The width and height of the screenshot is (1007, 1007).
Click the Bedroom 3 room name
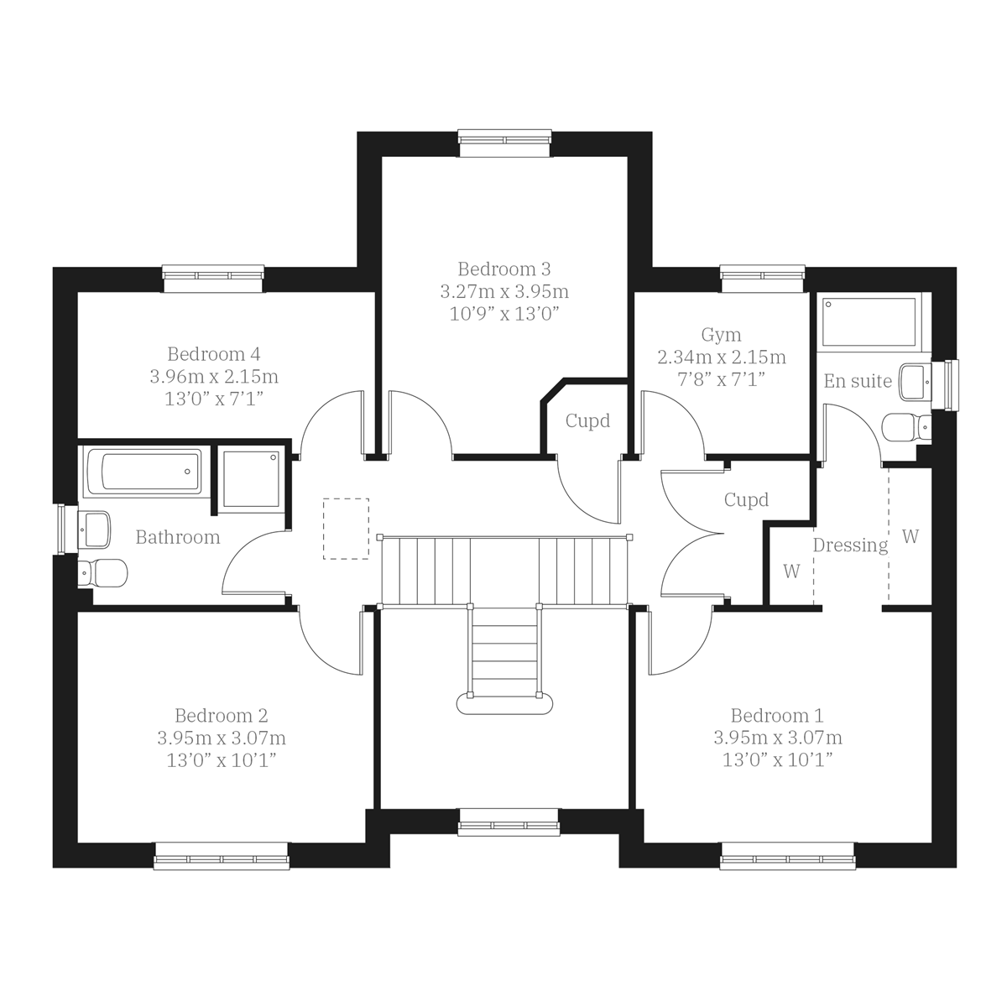(x=504, y=269)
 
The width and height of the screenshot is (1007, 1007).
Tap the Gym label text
(x=721, y=336)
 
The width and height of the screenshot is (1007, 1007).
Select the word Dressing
(x=850, y=545)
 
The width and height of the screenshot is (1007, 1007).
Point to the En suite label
(x=858, y=381)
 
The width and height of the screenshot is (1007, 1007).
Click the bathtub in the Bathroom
(x=143, y=472)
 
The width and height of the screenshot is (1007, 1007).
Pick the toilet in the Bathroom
(x=102, y=574)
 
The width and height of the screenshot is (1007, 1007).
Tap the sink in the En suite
(x=915, y=381)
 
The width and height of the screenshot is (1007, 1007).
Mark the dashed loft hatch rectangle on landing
(x=346, y=529)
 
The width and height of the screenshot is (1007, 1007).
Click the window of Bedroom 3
(x=504, y=143)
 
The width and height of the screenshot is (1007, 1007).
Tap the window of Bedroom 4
(x=213, y=279)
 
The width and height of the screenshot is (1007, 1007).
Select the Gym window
(x=763, y=279)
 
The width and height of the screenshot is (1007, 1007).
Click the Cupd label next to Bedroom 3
(x=587, y=421)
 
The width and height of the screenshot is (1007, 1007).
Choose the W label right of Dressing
(x=910, y=536)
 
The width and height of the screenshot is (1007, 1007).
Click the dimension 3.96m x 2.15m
(x=214, y=377)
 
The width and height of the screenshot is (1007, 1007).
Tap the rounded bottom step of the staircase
(x=504, y=702)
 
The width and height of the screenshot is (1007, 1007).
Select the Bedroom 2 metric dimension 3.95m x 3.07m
(x=222, y=738)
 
